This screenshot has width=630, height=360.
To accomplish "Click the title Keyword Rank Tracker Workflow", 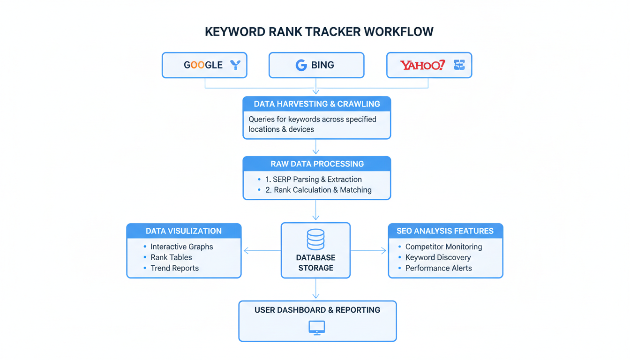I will pos(319,32).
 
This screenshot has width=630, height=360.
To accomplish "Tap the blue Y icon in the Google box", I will pos(235,65).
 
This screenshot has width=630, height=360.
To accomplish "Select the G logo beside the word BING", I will pos(301,65).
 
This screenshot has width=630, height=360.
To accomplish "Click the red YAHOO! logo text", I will pos(422,65).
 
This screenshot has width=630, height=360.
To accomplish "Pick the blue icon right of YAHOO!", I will pos(459,65).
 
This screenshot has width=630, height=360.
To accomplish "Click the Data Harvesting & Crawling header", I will pos(316,104).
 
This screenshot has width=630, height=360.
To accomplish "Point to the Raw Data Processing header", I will pos(316,164).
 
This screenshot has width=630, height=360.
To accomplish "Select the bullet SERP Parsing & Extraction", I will pos(313,180).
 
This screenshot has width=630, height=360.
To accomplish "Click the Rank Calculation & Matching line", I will pos(318,190).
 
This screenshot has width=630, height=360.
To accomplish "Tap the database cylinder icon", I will pos(315,239).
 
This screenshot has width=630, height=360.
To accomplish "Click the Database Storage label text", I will pos(315,263).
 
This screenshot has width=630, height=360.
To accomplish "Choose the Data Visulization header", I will pos(184,231).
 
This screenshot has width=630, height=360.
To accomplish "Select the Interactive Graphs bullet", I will pos(181,247).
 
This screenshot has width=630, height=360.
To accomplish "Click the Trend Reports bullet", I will pos(174,269).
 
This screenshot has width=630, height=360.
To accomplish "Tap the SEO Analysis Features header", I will pos(445,231).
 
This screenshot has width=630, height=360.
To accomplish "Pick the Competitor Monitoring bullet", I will pos(443,247).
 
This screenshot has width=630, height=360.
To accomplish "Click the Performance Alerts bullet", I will pos(438,269).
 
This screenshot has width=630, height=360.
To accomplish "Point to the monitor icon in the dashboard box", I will pos(317,328).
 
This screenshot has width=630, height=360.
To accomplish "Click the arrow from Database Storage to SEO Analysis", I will pos(369,251).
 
